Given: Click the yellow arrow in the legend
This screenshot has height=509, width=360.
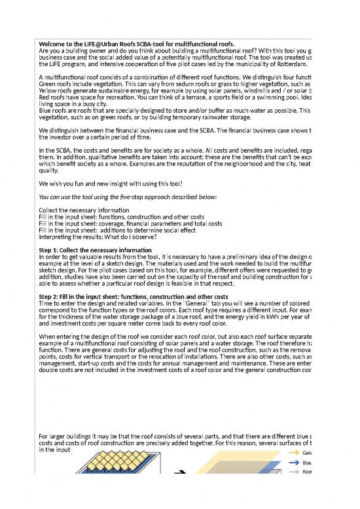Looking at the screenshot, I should click(291, 452).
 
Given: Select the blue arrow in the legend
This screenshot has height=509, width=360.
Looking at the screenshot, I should click(291, 462).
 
